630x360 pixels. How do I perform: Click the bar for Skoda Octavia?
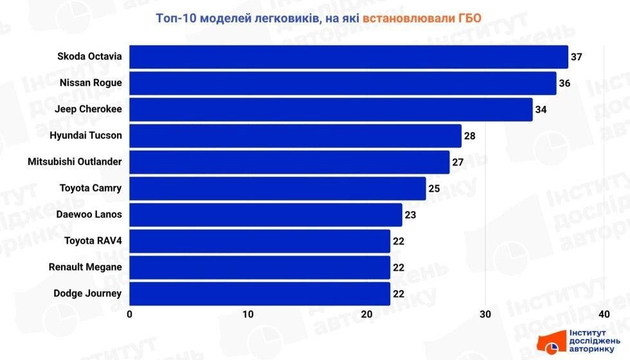tap(348, 57)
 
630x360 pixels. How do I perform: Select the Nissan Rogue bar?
tap(343, 83)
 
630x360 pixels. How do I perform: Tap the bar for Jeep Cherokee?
tap(330, 109)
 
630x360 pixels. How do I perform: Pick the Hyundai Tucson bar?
tap(295, 136)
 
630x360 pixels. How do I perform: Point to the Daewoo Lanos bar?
tap(265, 215)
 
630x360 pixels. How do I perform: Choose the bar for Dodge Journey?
tap(260, 294)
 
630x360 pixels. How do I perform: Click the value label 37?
tap(576, 57)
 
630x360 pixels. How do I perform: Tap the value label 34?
tap(541, 109)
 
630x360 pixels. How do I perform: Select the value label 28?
tap(469, 136)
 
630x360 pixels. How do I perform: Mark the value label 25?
tap(434, 188)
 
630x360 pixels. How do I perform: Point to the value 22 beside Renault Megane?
tap(399, 267)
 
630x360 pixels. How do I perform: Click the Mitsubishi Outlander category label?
tap(75, 162)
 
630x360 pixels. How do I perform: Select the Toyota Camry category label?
tap(91, 188)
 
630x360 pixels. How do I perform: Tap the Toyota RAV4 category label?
tap(93, 241)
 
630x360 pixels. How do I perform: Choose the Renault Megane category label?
tap(85, 267)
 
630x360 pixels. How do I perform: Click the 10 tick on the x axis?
tap(248, 314)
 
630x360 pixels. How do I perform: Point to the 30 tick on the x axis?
tap(485, 314)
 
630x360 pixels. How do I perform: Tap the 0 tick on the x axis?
tap(130, 314)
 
